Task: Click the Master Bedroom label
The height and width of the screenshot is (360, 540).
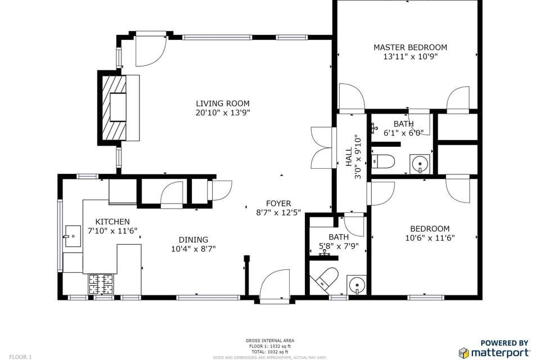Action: (410, 47)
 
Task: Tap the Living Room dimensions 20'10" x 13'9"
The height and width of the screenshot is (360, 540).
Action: (222, 112)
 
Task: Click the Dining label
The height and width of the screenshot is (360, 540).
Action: (193, 240)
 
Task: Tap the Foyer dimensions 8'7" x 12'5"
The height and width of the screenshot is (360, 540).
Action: (278, 213)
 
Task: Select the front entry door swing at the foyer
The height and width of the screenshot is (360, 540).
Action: (275, 285)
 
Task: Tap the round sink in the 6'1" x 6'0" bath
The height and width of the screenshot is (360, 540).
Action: (420, 164)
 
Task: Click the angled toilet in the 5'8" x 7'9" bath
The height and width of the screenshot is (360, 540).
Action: (326, 279)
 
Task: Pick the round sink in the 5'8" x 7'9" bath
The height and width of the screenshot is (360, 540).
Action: (355, 285)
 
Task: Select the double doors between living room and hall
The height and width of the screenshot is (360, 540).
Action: (322, 147)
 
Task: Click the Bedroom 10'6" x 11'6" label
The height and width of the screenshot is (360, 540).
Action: (430, 228)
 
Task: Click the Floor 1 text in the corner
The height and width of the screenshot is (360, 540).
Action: (20, 357)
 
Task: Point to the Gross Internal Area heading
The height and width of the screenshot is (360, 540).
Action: (269, 340)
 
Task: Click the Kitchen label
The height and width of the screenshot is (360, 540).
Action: (112, 222)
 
